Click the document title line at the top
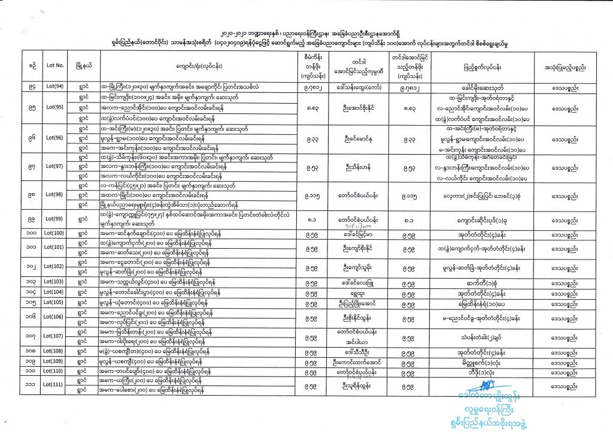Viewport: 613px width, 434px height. (306, 28)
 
